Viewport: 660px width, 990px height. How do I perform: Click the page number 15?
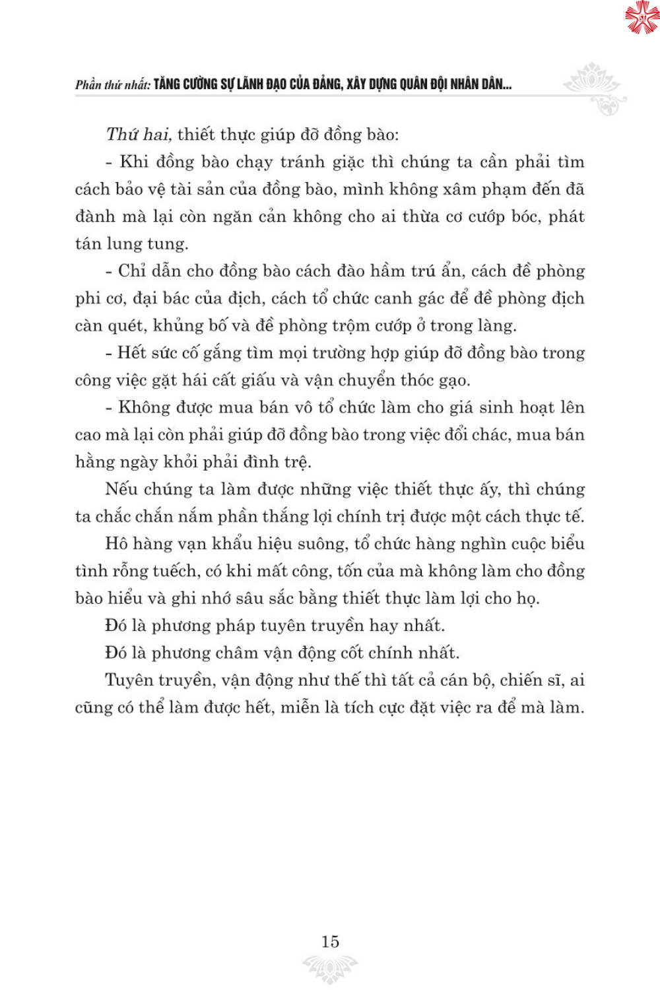[330, 942]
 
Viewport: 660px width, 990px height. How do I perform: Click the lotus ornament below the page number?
[330, 968]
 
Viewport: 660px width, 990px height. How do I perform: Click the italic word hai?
[156, 135]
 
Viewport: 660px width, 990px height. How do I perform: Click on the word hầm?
[387, 271]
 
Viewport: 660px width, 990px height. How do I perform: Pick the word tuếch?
[176, 572]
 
